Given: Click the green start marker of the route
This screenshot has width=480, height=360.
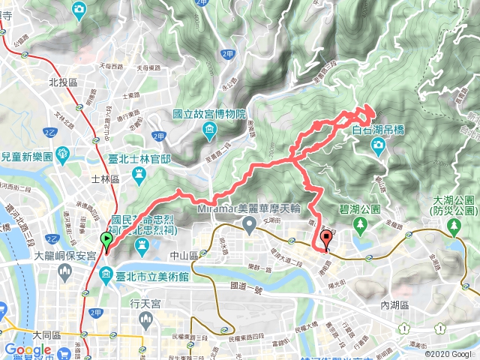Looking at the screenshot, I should tap(106, 241).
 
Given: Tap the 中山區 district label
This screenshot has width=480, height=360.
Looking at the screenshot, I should tap(205, 256).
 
